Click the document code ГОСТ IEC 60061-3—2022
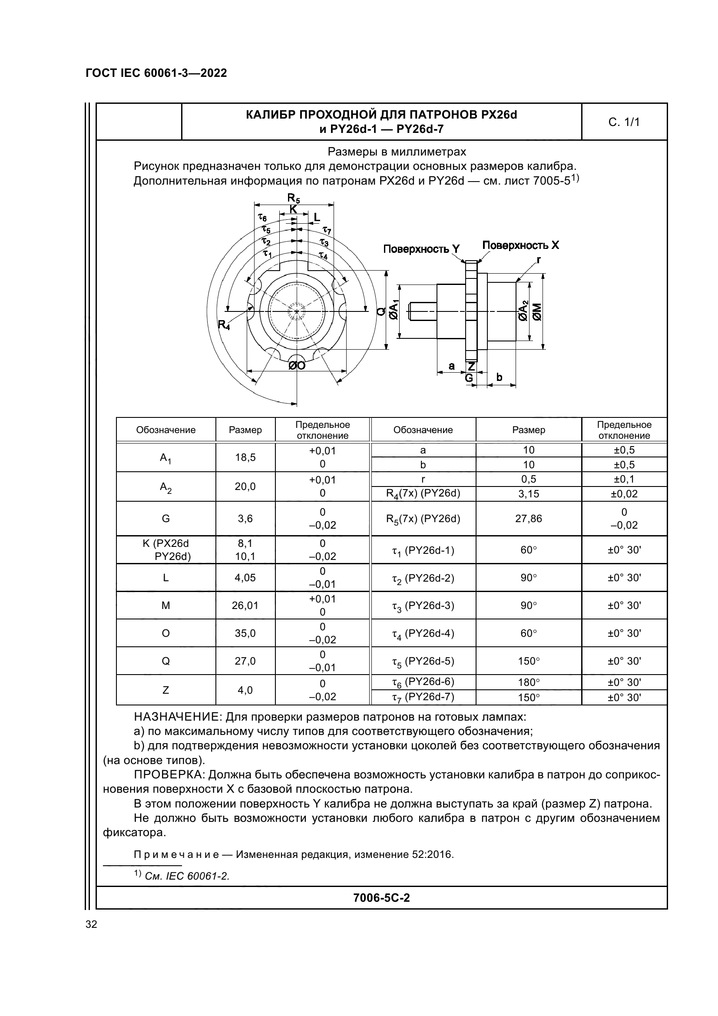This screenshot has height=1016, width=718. coord(156,73)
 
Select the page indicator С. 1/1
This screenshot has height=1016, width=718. coord(624,122)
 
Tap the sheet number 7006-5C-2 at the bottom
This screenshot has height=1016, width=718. coord(381,897)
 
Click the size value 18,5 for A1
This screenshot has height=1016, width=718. coord(245,457)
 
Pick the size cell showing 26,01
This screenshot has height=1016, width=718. coord(245,606)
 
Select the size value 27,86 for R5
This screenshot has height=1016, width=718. coord(528,519)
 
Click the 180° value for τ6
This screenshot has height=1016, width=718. coord(528,682)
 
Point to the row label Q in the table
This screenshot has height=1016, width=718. coord(165,661)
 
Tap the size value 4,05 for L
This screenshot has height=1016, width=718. coord(245,577)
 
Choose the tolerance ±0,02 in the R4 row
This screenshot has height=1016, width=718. coord(624,494)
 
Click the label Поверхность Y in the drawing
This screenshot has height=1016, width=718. coord(421,249)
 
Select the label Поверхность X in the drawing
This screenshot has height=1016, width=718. coord(520,245)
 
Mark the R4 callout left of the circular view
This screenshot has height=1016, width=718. coord(224,325)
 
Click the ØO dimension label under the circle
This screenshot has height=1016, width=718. coord(297,365)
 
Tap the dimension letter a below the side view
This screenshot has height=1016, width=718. coord(451,365)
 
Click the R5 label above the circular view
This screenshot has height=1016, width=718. coord(293,197)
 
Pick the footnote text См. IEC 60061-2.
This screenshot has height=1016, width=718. coord(187,876)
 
